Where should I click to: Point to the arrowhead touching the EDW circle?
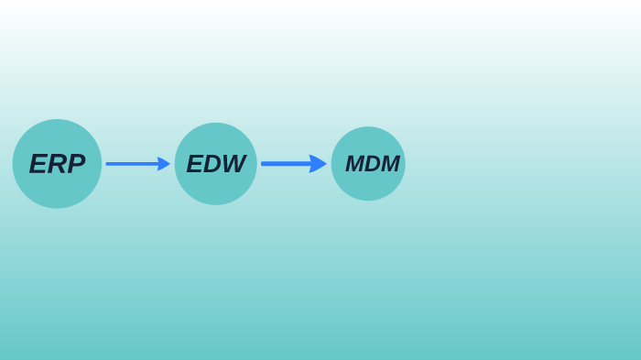click(164, 164)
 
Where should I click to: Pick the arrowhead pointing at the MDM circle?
click(318, 164)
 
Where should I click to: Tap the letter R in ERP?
click(57, 164)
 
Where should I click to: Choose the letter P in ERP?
click(76, 164)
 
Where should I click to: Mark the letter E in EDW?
click(194, 164)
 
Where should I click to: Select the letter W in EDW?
click(234, 164)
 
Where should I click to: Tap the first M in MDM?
click(355, 164)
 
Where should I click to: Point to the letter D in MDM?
click(373, 164)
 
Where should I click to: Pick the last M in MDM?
click(390, 164)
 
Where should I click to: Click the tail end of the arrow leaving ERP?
click(108, 164)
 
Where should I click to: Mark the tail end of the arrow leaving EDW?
click(264, 164)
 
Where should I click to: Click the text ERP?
click(57, 164)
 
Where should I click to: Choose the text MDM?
click(373, 164)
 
